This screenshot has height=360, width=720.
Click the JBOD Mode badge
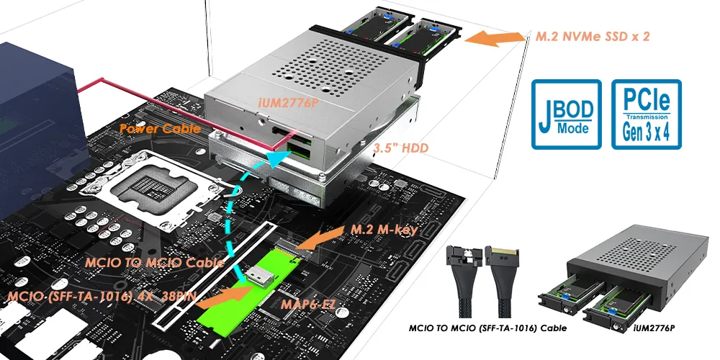point(566,114)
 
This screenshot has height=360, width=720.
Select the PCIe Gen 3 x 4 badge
point(646,114)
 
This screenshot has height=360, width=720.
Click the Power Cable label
point(155,129)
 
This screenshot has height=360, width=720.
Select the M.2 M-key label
point(384,230)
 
